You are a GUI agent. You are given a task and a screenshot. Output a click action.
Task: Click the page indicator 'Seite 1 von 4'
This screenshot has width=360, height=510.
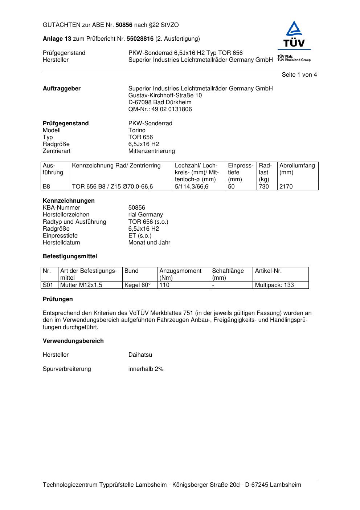299,75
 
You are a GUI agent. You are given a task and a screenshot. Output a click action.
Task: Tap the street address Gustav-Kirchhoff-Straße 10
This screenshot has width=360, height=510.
165,96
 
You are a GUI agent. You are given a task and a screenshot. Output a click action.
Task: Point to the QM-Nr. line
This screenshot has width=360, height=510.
160,109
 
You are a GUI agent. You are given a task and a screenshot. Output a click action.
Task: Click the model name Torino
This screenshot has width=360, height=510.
137,130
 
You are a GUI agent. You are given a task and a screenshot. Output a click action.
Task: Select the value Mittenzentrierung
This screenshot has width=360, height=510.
151,151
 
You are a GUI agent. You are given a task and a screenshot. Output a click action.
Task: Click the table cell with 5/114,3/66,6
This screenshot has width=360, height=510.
192,187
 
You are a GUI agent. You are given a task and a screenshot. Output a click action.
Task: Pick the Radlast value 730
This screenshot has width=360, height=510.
264,187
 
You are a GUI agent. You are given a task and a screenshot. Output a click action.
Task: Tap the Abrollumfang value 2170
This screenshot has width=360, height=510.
286,187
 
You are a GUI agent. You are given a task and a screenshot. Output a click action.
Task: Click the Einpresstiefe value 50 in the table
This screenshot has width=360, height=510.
231,187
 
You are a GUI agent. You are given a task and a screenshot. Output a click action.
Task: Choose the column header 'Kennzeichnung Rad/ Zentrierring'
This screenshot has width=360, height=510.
116,166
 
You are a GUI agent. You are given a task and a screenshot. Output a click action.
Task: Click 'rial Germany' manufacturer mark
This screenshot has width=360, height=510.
146,215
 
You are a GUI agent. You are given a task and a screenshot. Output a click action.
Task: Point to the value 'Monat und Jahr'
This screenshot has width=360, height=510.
149,243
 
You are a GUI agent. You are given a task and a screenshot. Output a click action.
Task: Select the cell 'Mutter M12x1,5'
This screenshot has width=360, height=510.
81,285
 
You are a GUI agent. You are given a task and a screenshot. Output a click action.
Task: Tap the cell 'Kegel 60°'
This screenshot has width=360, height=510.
137,285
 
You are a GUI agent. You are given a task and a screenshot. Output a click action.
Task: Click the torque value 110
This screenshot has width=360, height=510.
164,285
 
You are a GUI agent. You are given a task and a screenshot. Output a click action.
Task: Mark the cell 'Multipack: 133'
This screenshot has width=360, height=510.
274,285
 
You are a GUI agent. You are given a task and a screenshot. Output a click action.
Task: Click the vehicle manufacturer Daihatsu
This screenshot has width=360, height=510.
140,355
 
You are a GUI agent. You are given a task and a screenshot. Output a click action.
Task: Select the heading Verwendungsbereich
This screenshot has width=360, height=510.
73,341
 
